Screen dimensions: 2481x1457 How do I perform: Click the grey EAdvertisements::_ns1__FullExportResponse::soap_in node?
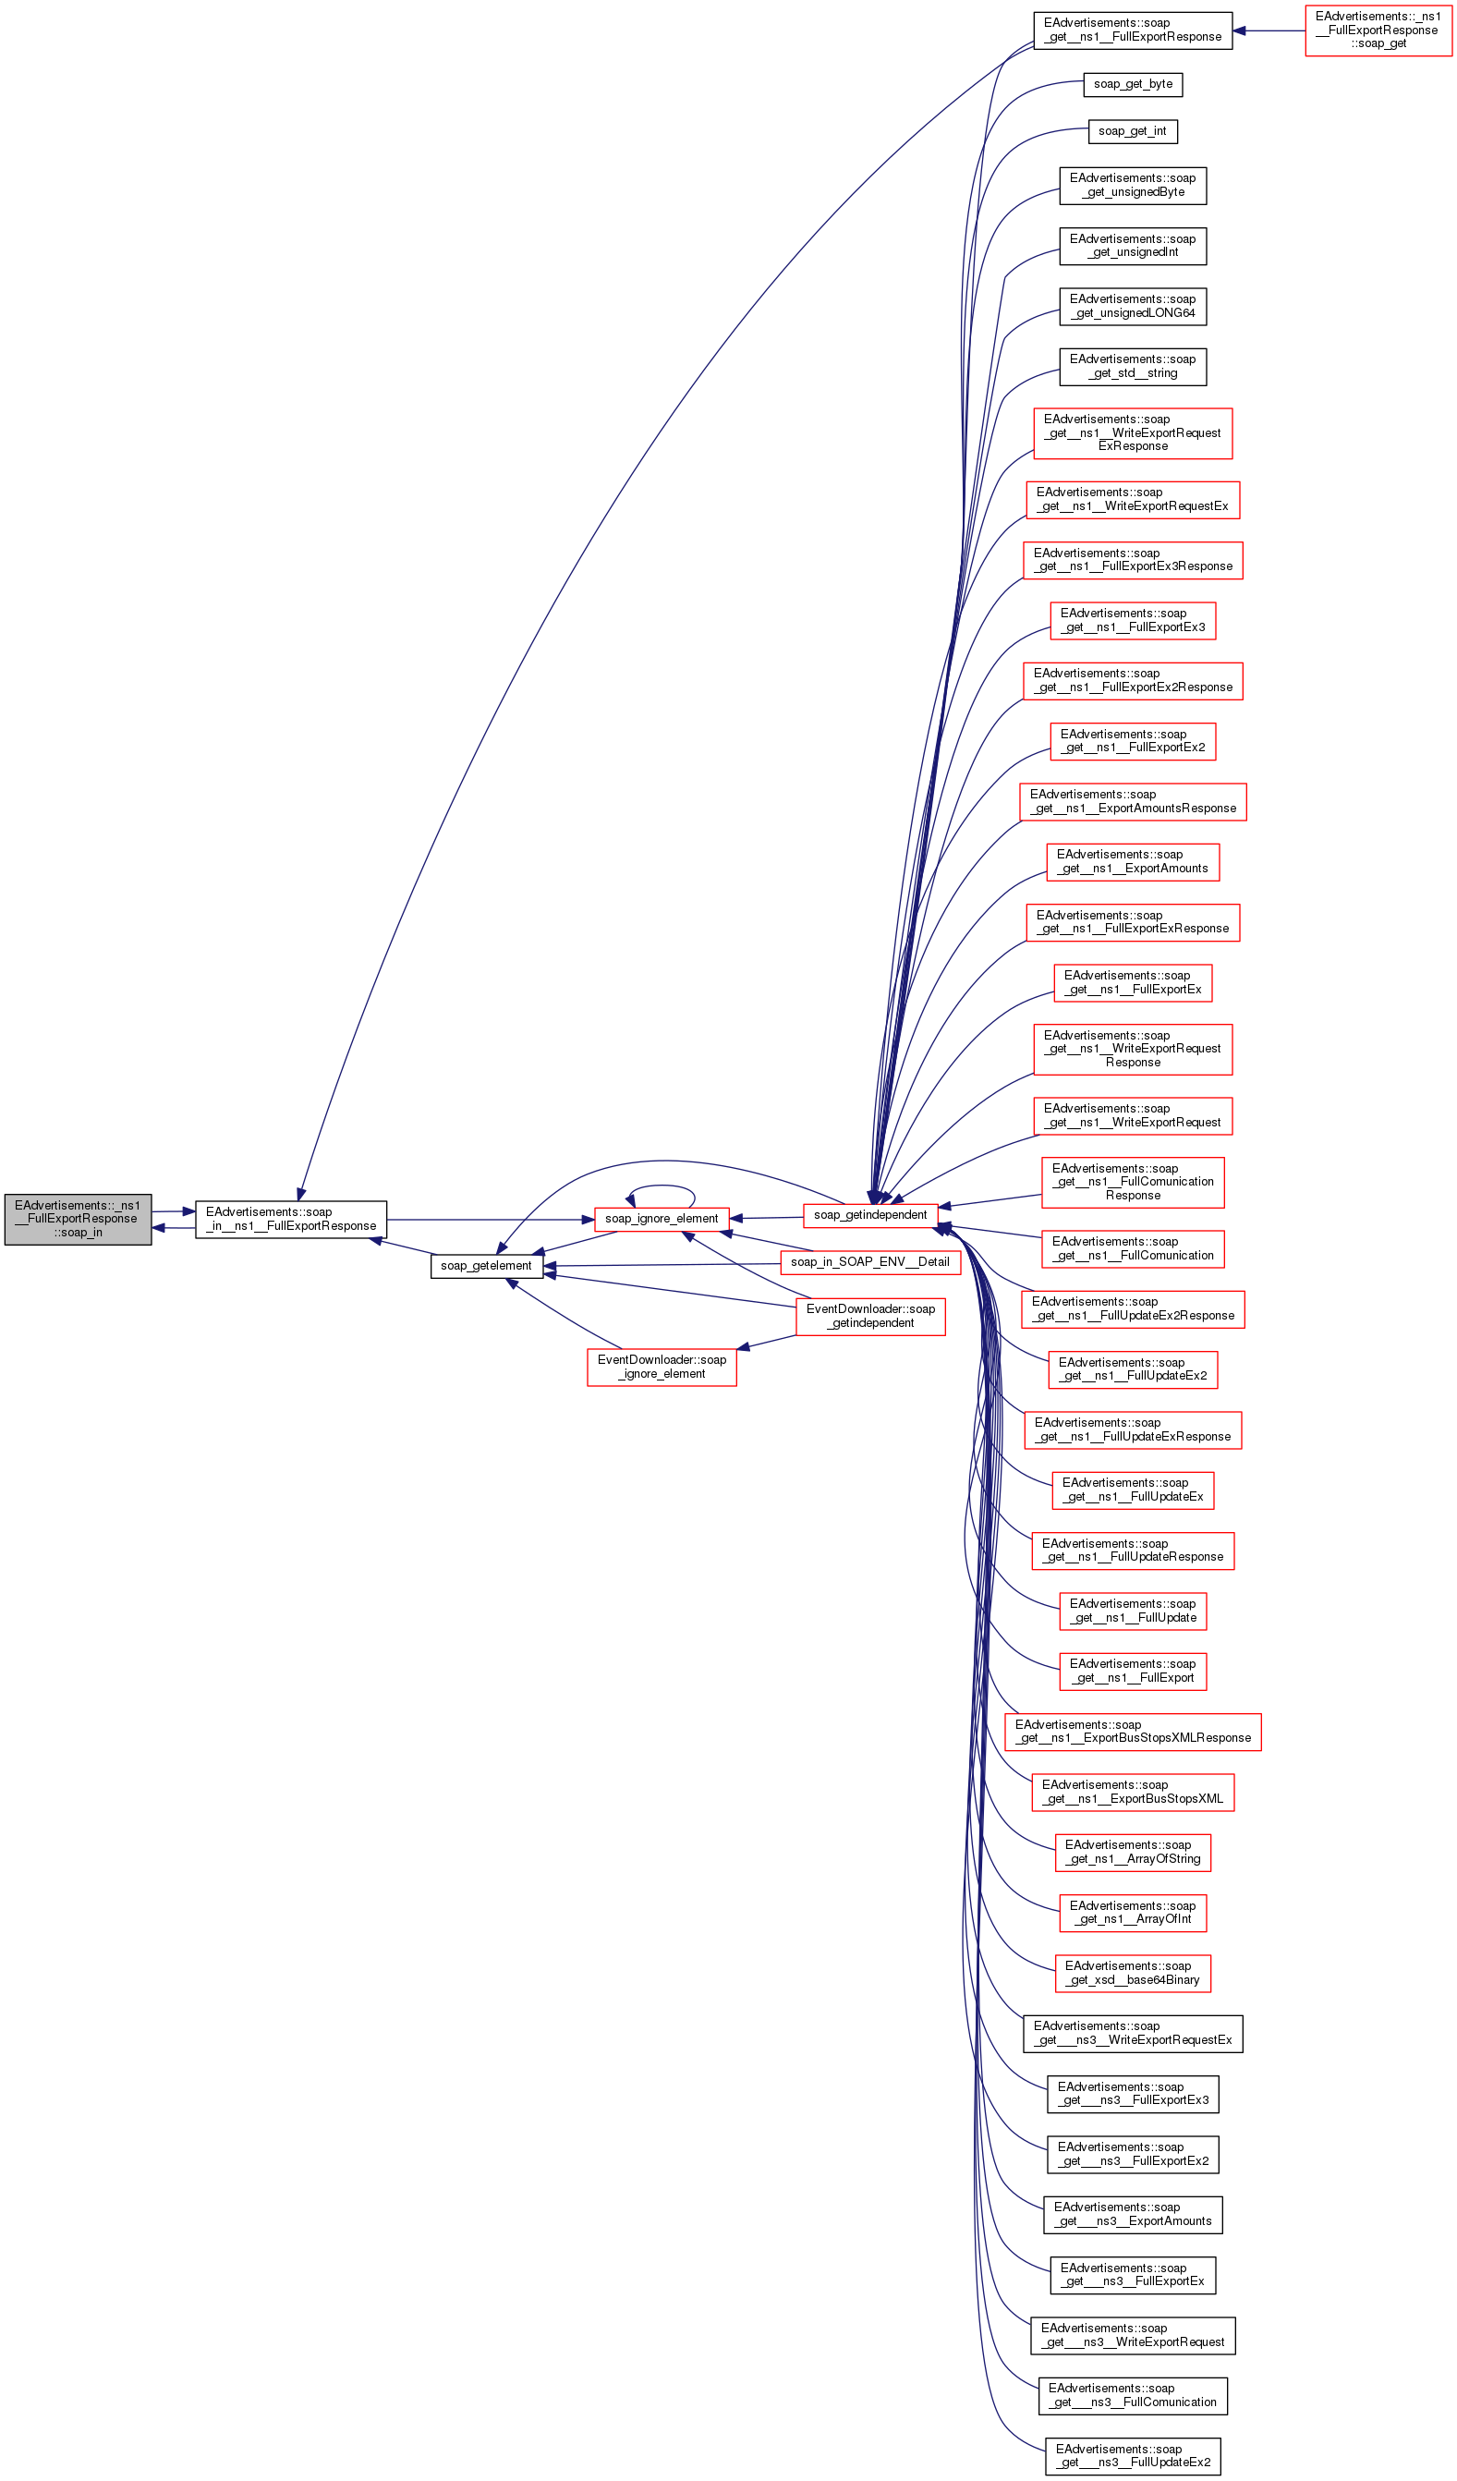(78, 1219)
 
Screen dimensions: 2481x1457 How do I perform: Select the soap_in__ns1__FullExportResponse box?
(290, 1219)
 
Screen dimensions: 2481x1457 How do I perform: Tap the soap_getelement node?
(486, 1266)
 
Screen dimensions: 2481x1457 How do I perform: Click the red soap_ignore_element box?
(662, 1219)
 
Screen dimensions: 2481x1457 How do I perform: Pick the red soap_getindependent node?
(870, 1215)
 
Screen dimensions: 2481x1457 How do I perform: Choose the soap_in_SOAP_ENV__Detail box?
(870, 1262)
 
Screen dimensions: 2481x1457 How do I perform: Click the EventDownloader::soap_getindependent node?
(870, 1317)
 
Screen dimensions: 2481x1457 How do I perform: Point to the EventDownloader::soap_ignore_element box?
(662, 1368)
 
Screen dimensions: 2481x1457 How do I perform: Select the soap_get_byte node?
(1132, 85)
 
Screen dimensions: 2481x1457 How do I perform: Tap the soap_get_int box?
(1132, 131)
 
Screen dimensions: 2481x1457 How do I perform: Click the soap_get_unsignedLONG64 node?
(1132, 306)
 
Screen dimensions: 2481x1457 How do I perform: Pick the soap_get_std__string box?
(1132, 366)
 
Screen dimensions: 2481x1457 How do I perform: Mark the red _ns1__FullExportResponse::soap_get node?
(1378, 30)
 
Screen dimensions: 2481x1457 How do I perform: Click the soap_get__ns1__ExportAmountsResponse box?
(1132, 801)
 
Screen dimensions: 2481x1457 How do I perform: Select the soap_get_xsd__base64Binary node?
(1132, 1973)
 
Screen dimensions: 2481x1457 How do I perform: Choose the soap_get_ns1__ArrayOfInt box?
(1132, 1913)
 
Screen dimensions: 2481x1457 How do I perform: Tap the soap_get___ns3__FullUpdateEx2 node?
(1132, 2455)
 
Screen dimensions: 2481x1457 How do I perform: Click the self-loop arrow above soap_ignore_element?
(662, 1186)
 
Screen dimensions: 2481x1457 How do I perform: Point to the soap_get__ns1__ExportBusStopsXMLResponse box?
(1132, 1732)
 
